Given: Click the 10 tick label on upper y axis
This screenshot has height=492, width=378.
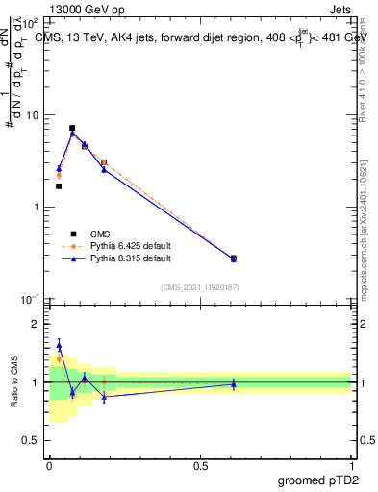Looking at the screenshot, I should [32, 116].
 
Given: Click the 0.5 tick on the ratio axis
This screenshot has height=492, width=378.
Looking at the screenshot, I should [32, 441].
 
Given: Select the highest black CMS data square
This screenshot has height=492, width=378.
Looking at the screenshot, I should [72, 128].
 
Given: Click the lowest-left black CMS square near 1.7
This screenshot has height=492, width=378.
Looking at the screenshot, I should [59, 186].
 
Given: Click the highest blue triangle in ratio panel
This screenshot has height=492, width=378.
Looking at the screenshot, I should [59, 345].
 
